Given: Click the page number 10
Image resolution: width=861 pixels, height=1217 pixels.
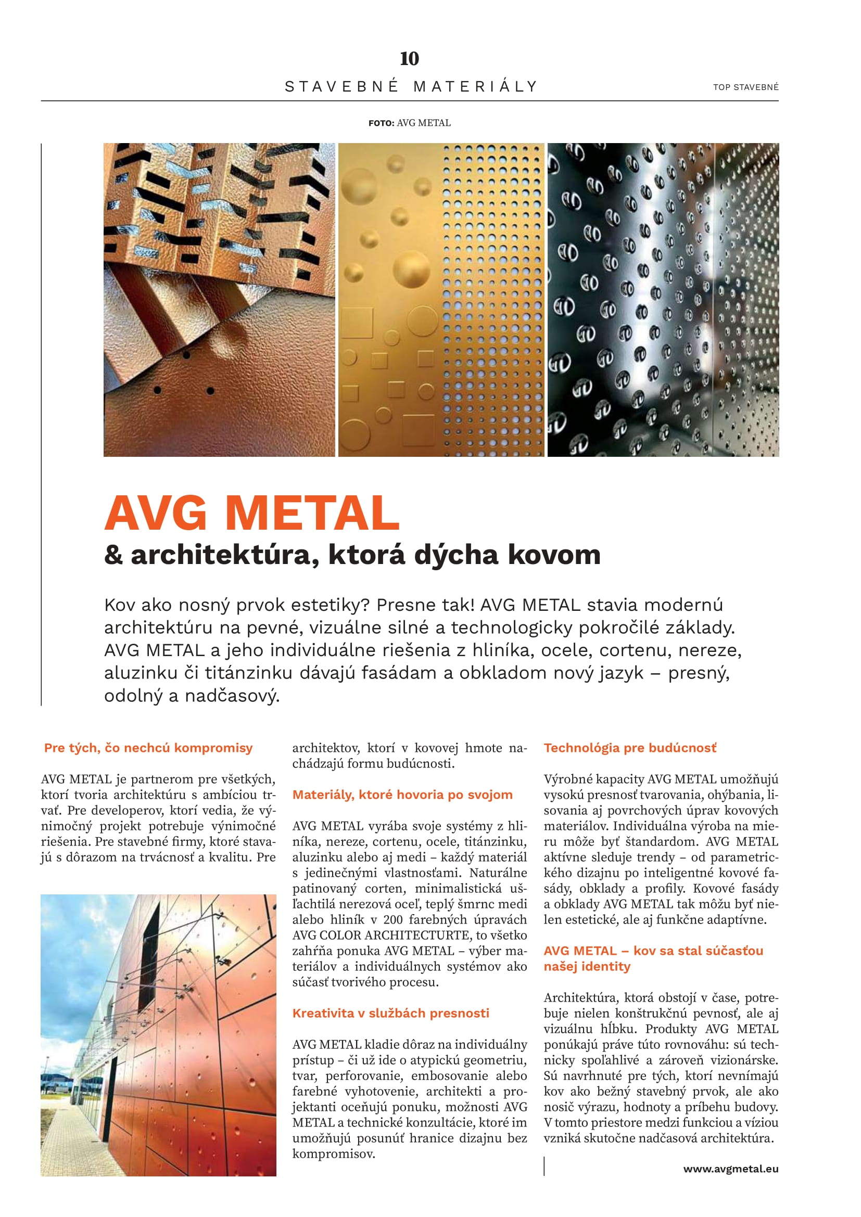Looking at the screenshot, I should coord(409,58).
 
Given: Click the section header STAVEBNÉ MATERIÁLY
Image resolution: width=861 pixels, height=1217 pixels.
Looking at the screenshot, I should coord(411,86).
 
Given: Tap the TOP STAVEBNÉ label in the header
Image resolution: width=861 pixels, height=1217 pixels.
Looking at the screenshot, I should coord(745,87).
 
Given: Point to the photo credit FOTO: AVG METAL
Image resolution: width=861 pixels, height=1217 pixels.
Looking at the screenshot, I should coord(409,123).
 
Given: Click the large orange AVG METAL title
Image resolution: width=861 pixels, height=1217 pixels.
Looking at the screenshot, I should coord(252,513).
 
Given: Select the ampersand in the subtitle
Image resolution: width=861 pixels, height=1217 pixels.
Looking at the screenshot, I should coord(113,555).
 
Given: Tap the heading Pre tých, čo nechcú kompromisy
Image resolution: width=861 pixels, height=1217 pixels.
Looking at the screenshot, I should coord(148,747).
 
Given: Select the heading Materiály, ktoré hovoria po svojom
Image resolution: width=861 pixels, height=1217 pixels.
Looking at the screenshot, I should coord(402,795).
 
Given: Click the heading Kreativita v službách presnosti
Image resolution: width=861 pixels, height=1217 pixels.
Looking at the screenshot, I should coord(391,1013).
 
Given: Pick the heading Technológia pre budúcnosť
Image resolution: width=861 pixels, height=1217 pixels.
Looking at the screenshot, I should coord(630,747).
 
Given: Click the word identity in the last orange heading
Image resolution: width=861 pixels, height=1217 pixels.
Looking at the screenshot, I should coord(610,966).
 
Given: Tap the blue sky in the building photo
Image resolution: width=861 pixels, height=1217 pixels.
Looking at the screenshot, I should coord(74,933).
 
